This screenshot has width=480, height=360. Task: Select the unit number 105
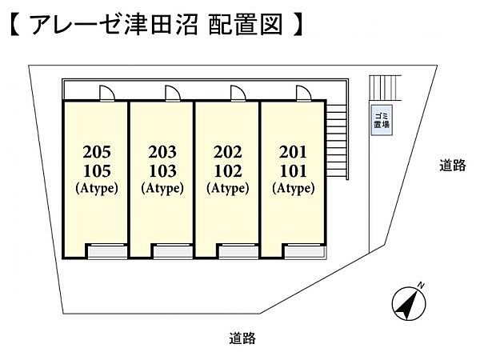point(96,170)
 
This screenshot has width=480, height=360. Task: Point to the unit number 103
point(162,170)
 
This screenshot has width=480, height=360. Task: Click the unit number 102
point(227,170)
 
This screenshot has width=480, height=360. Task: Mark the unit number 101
point(293,170)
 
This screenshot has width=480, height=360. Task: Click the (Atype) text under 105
point(96,189)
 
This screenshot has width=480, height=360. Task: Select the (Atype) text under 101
point(293,189)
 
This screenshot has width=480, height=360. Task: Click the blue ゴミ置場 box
point(381,121)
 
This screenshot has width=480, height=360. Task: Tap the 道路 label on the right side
point(452,166)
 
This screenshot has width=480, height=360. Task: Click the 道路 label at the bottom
point(242,338)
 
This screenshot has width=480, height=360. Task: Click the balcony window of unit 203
point(172,252)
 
